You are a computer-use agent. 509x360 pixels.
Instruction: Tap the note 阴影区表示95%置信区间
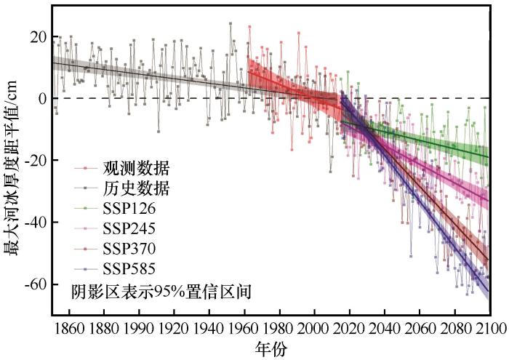[x=161, y=292]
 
